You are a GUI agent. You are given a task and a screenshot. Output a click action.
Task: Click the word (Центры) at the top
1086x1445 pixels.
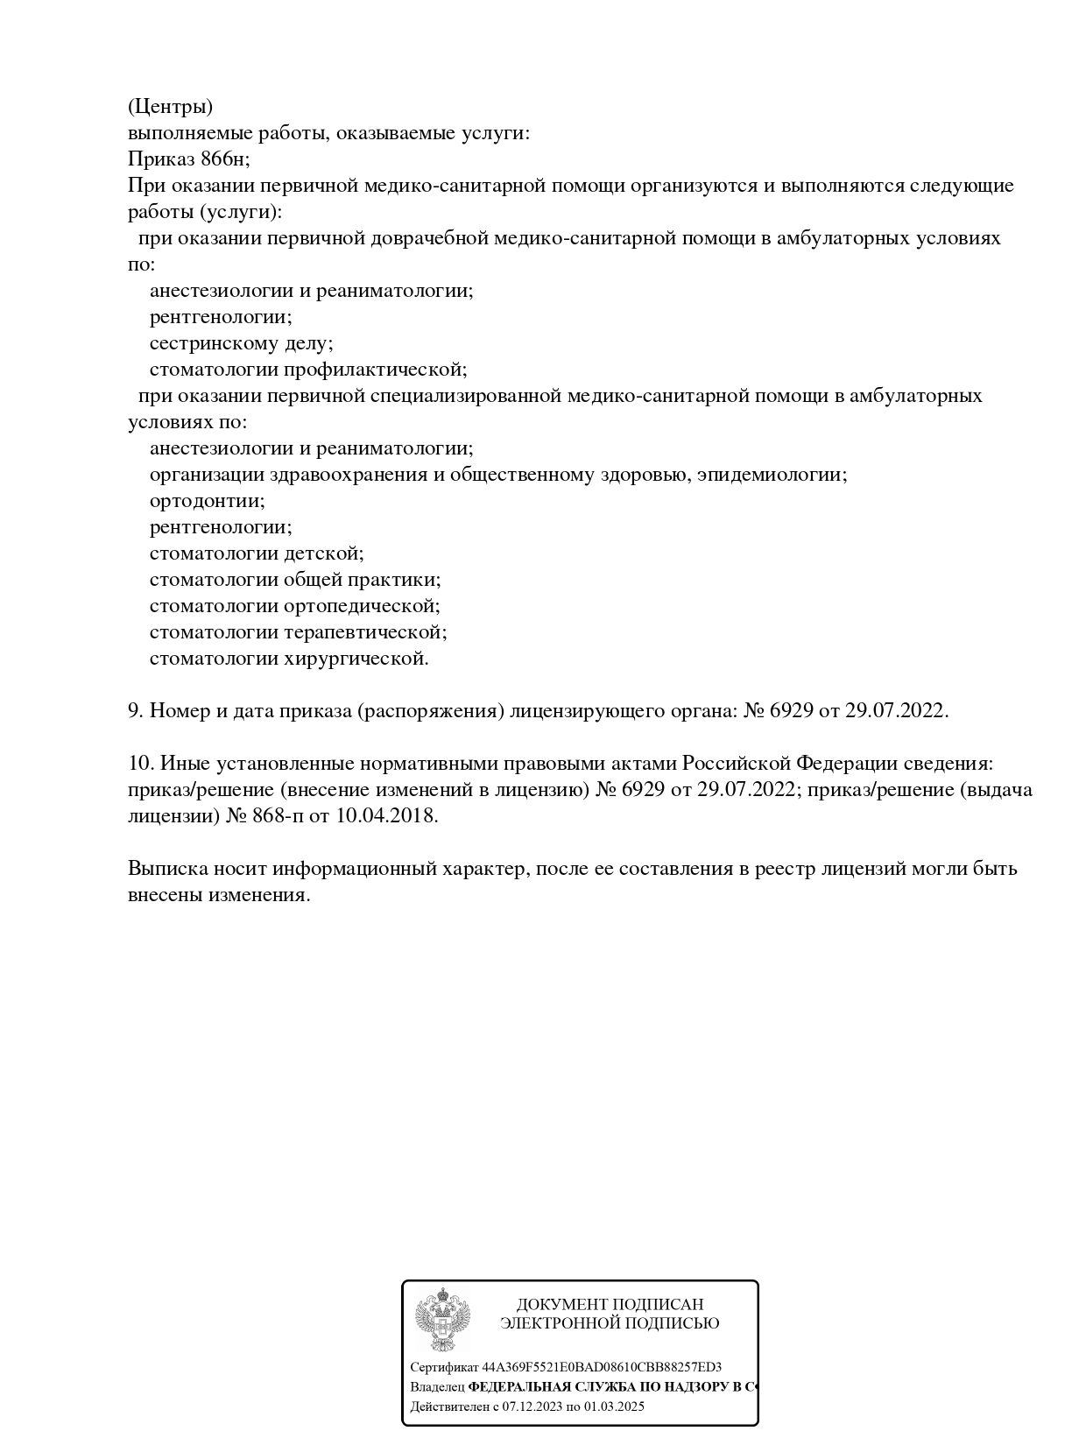pos(170,107)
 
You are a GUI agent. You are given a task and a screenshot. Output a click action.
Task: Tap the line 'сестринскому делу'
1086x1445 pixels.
pos(241,343)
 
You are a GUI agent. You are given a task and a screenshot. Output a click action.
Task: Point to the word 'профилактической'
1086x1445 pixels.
pos(375,370)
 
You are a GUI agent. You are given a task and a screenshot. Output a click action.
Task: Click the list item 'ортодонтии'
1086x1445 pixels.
pos(207,501)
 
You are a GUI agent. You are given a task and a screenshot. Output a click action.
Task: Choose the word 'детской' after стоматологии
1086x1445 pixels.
pos(323,553)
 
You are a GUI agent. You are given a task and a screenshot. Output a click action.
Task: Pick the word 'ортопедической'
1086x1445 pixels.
pos(362,606)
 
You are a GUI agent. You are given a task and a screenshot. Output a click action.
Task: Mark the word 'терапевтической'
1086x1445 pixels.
pos(365,632)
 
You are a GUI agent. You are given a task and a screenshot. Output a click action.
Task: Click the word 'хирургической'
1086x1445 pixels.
pos(356,659)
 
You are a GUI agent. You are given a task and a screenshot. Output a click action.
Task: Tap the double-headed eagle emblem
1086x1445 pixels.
pos(443,1320)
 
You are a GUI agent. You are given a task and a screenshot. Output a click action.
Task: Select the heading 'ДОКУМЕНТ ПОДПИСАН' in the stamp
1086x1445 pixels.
pos(610,1305)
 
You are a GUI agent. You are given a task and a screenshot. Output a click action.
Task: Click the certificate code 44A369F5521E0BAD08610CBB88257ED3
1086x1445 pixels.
pos(602,1367)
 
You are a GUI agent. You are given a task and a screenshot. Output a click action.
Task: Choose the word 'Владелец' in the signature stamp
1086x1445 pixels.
pos(437,1387)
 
